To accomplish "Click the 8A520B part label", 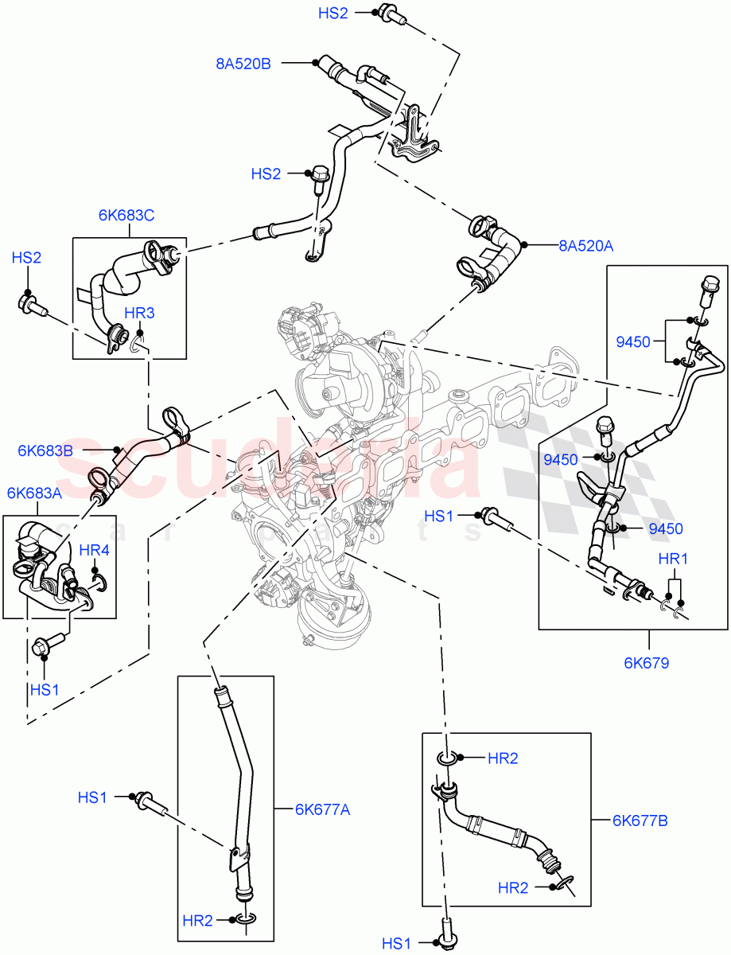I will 243,64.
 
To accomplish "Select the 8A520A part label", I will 585,247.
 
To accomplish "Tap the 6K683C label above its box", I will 126,215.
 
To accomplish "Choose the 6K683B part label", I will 45,450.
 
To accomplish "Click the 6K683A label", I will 34,493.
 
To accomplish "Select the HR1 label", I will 673,559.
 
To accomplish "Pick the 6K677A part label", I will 322,810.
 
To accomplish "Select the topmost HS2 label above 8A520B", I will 332,13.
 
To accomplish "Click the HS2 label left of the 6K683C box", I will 26,258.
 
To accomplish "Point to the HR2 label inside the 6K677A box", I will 197,921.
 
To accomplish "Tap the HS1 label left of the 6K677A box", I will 92,797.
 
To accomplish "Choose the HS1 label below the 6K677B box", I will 397,944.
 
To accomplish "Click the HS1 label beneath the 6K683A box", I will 45,689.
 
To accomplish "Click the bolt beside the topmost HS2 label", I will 389,13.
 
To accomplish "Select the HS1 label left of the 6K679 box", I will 438,516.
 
